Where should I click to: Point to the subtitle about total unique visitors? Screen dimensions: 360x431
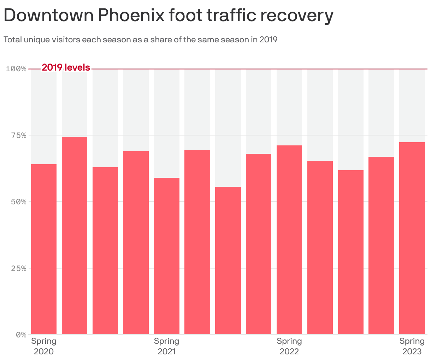point(140,40)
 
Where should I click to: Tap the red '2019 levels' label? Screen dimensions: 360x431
point(66,67)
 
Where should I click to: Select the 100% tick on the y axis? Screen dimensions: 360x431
point(16,68)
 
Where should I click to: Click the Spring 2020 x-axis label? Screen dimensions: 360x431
point(44,346)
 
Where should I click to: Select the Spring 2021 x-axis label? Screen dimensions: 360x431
point(166,346)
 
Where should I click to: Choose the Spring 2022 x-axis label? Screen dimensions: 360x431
point(289,346)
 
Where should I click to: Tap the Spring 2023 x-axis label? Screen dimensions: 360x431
point(412,346)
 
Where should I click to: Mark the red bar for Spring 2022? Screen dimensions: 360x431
point(289,240)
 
